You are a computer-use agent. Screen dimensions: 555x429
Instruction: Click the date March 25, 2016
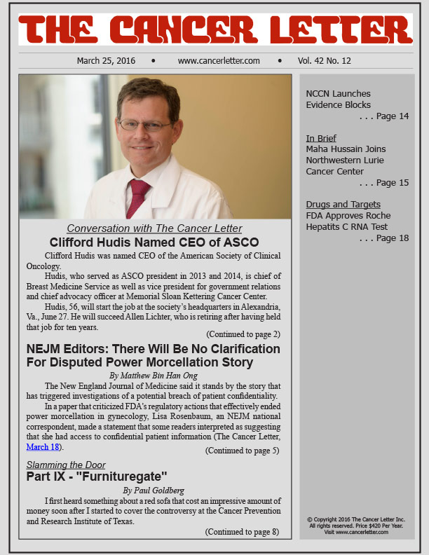click(106, 61)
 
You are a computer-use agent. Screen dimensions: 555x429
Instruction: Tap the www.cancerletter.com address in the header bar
click(219, 61)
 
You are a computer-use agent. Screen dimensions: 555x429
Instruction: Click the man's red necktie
click(137, 198)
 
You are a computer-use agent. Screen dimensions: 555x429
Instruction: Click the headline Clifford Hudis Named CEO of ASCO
click(154, 242)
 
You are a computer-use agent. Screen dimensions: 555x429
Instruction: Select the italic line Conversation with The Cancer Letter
click(154, 228)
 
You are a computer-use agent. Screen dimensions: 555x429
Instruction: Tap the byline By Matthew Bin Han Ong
click(154, 376)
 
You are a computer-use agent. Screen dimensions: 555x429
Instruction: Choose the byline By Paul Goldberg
click(154, 490)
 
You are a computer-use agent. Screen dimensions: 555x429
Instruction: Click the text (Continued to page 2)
click(243, 334)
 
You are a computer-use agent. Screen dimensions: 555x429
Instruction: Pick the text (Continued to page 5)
click(243, 450)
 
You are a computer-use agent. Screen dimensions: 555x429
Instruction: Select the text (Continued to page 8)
click(243, 532)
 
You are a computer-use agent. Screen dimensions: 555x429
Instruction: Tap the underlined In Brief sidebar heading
click(322, 138)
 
